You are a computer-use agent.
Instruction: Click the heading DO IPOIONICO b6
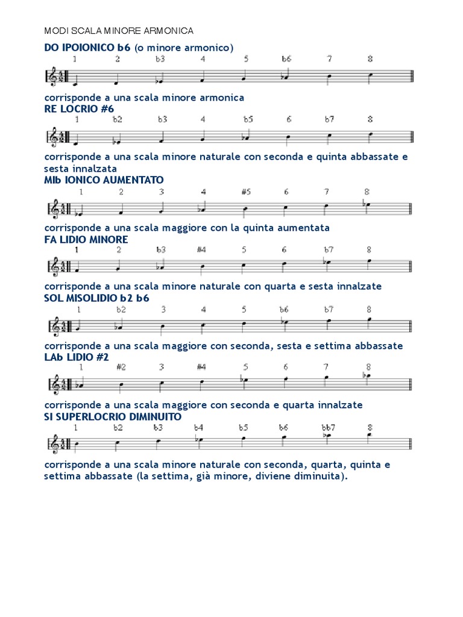pos(87,47)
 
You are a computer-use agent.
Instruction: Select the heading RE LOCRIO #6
pos(79,108)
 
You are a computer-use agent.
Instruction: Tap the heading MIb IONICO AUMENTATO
pos(104,180)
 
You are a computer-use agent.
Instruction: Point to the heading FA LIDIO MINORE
pos(86,239)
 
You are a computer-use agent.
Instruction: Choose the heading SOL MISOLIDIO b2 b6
pos(97,298)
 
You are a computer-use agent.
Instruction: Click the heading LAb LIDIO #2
pos(77,357)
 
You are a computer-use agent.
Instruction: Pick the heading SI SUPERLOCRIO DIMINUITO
pos(113,416)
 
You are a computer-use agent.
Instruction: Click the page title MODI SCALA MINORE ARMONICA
pos(119,30)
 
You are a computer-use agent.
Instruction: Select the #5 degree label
pos(245,192)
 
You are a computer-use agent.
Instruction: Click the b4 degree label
pos(198,427)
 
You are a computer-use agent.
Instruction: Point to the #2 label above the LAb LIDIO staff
pos(121,367)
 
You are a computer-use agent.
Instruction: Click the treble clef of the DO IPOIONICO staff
pos(53,77)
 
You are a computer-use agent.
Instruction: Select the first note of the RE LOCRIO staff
pos(75,144)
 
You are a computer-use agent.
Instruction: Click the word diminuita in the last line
pos(323,476)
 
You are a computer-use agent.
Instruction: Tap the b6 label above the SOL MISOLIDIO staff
pos(284,310)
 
